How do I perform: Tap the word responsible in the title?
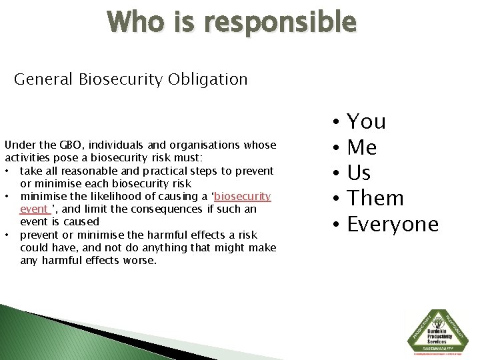(281, 23)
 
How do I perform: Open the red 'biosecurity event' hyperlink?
(242, 196)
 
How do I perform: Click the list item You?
(367, 122)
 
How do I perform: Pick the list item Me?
(362, 147)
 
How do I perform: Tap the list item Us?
(359, 173)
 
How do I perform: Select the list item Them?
(375, 199)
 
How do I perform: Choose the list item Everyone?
(393, 225)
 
